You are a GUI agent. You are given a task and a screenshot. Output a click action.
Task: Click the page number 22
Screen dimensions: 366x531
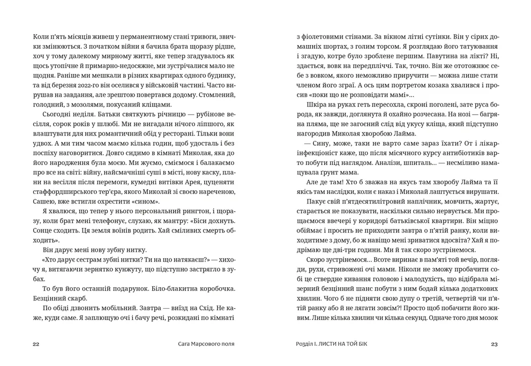click(36, 344)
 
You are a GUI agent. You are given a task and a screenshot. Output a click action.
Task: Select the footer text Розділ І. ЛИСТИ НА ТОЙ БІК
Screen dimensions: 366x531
click(330, 344)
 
